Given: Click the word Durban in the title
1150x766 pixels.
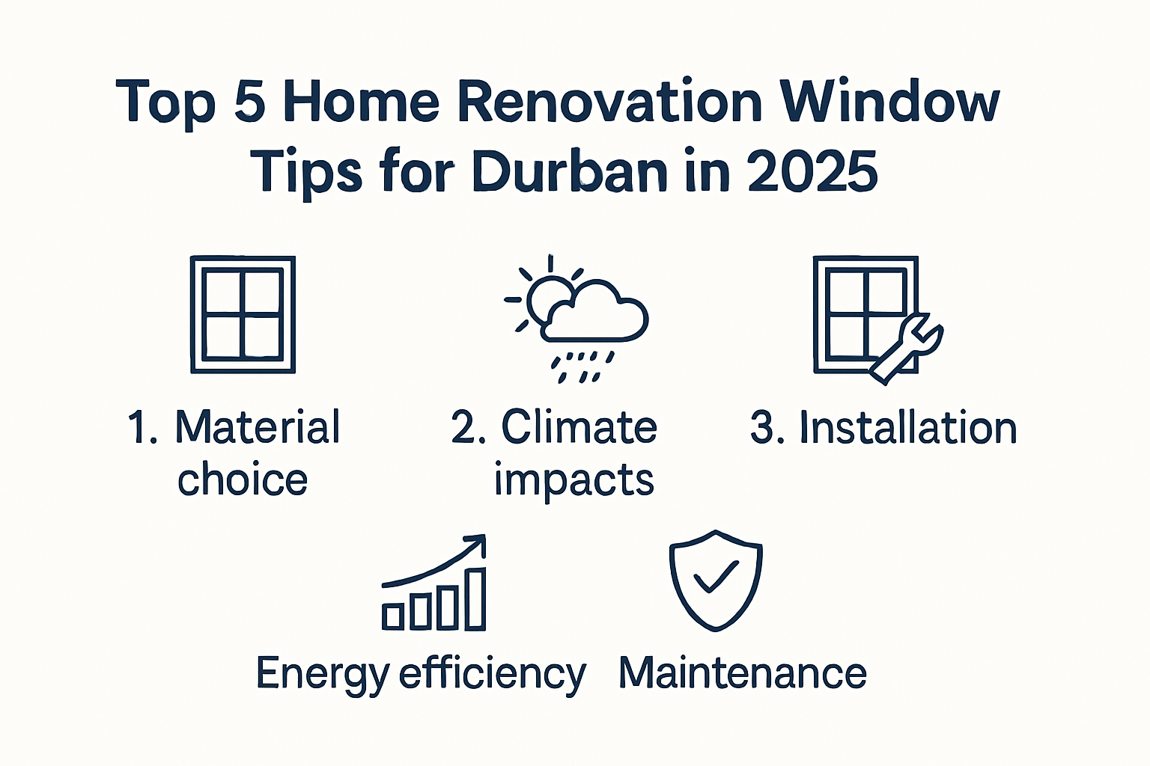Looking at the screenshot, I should pos(569,172).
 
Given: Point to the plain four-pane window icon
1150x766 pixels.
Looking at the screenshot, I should pos(243,314).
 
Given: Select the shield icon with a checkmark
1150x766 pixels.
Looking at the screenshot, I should pos(716,580).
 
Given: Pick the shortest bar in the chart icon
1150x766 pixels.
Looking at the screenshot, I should pos(393,615).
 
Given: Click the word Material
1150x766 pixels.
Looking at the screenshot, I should pos(257,428).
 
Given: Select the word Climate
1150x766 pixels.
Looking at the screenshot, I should pos(579,428).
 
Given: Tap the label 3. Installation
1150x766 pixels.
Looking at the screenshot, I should pos(883,428).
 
